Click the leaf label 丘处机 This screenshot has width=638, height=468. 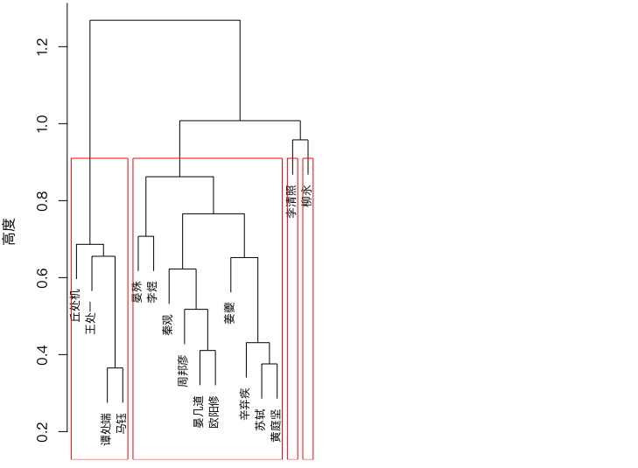[x=76, y=305]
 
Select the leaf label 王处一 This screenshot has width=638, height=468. [x=91, y=318]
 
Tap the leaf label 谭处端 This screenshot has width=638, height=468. [x=107, y=429]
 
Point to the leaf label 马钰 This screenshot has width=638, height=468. [x=122, y=423]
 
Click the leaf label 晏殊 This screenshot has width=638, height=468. [x=137, y=291]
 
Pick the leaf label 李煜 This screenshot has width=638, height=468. [x=152, y=291]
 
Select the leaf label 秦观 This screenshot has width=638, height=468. [x=168, y=325]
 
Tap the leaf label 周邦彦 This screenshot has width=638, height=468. [x=184, y=371]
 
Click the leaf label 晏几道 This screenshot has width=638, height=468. [x=199, y=411]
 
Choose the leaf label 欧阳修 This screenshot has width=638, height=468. [x=214, y=411]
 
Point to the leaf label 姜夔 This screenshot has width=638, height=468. [x=230, y=313]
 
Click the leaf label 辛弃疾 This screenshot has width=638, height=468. [x=245, y=404]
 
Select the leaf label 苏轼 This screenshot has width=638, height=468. [x=261, y=420]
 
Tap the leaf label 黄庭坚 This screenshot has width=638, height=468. [x=276, y=426]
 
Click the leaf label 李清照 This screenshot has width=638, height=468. [x=291, y=202]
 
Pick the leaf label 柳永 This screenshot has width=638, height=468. [x=307, y=196]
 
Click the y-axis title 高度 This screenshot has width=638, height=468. [x=9, y=232]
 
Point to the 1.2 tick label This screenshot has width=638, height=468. [x=42, y=46]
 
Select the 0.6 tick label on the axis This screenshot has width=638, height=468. [x=42, y=277]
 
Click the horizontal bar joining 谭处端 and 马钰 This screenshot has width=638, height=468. [x=116, y=368]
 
